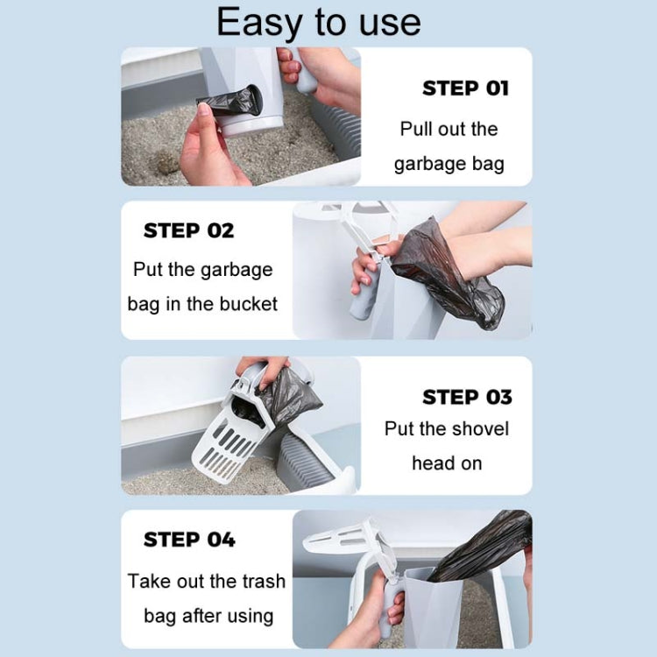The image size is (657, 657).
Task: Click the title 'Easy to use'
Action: tap(319, 22)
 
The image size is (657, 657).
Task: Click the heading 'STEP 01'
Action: tap(465, 88)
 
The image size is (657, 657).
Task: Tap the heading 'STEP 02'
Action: tap(188, 231)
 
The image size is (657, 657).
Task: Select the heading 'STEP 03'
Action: tap(466, 398)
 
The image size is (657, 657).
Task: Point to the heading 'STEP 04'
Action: tap(188, 540)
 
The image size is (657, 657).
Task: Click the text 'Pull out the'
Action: tap(449, 129)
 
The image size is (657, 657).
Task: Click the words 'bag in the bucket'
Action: tap(202, 304)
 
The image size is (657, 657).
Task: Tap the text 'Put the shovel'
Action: tap(446, 429)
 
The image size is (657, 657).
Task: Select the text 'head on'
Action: tap(447, 463)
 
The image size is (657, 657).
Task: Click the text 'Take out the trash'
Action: tap(207, 581)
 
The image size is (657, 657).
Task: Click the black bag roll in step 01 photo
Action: tap(230, 102)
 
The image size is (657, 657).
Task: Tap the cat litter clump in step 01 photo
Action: tap(165, 162)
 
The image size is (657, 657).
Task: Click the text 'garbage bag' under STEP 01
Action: tap(449, 164)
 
